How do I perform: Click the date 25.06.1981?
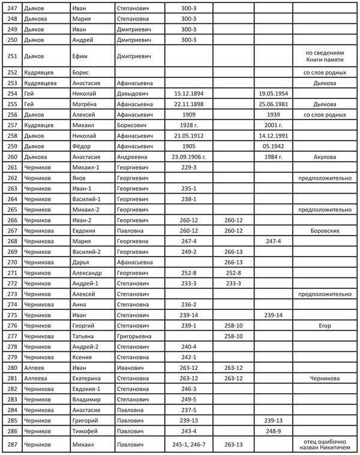coord(274,104)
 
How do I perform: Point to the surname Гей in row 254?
coord(29,94)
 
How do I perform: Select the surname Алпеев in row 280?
coord(34,367)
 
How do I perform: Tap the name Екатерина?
coord(88,378)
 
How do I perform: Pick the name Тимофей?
coord(85,430)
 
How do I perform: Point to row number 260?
coord(11,157)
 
